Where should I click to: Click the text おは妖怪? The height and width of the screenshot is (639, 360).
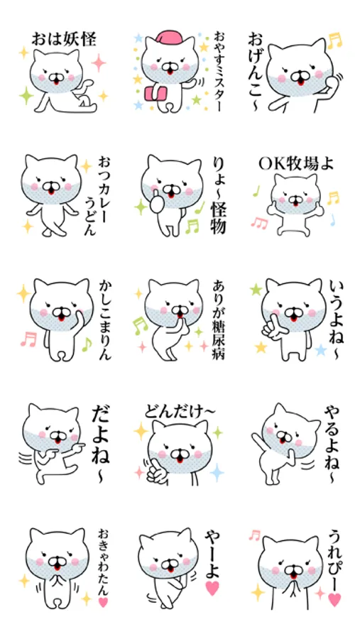click(x=64, y=40)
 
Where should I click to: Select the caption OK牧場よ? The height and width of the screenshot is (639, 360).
click(x=296, y=163)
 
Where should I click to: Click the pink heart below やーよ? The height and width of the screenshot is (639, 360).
click(x=212, y=588)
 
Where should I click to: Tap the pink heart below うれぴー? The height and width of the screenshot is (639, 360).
click(x=334, y=599)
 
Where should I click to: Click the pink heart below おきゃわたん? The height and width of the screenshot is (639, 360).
click(x=103, y=601)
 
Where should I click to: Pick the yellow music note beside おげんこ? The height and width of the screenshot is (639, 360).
click(x=334, y=40)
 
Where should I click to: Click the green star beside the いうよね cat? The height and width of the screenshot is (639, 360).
click(x=256, y=290)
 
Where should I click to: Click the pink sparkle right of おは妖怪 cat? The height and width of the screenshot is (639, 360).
click(x=98, y=62)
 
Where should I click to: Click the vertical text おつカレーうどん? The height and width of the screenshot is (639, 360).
click(x=96, y=197)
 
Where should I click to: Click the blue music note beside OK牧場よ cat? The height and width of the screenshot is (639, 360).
click(x=333, y=220)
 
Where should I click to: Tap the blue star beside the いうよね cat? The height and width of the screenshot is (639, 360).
click(x=321, y=349)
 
